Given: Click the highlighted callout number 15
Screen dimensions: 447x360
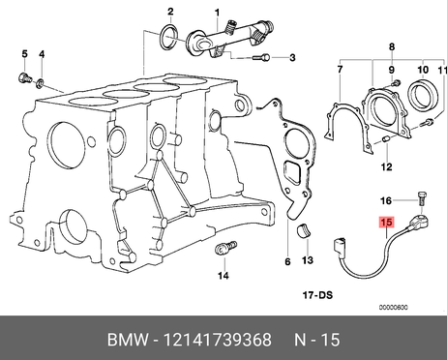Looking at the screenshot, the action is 386,223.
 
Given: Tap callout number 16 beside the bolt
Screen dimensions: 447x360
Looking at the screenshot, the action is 386,201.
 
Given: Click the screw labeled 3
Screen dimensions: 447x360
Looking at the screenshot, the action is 261,58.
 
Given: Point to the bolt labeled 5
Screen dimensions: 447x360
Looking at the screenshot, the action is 24,78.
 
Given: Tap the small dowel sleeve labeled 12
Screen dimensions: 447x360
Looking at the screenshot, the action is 386,139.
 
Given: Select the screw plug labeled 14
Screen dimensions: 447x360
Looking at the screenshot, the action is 225,248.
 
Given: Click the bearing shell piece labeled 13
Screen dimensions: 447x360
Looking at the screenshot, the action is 304,230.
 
